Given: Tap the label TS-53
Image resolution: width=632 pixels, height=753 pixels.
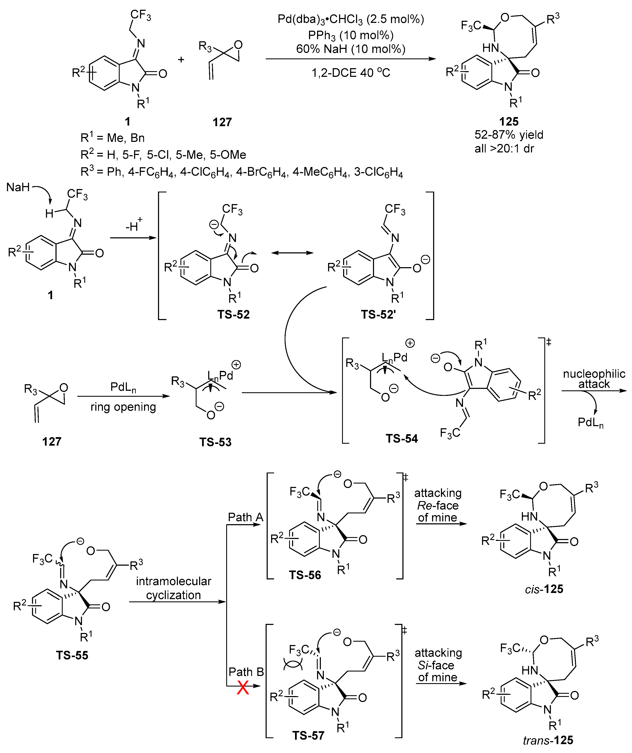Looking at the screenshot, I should (215, 442).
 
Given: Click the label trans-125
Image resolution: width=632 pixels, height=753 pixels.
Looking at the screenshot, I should (548, 740).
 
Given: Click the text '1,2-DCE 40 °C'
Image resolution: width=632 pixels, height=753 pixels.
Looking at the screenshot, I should (351, 73).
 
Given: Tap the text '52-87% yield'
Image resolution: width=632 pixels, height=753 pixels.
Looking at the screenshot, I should (509, 135).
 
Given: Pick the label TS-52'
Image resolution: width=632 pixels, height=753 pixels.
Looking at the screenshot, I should (378, 314).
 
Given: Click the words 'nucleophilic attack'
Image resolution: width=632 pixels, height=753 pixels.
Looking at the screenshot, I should (594, 379).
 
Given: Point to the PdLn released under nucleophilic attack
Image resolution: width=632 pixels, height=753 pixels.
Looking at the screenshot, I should (590, 422).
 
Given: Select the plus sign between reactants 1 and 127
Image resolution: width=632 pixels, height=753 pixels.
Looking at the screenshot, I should (181, 59).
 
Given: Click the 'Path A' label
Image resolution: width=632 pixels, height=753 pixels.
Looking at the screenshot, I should (246, 517).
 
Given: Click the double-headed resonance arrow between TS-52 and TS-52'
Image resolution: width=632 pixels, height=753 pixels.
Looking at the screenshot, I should (292, 253).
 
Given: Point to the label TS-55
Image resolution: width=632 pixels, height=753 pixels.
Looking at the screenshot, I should (72, 655).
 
